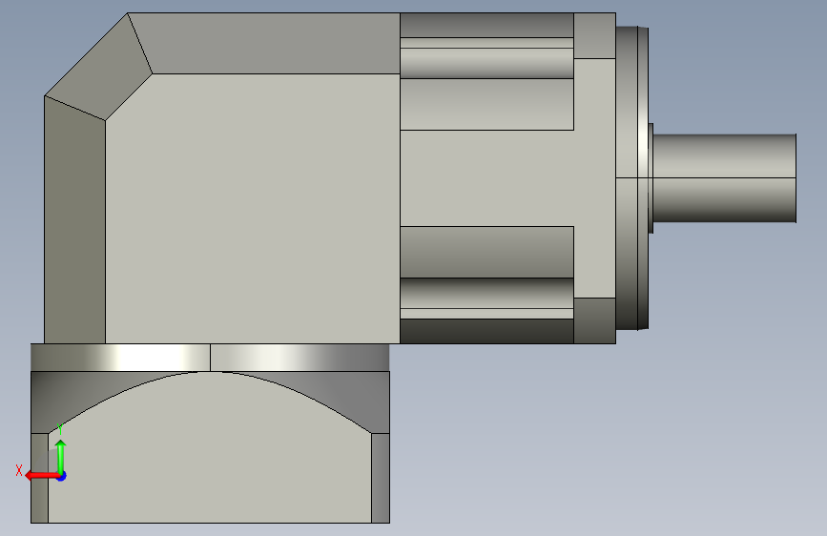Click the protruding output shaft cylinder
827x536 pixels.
point(725,178)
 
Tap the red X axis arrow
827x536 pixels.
point(41,475)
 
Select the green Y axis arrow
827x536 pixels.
point(61,457)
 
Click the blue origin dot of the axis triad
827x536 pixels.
point(62,476)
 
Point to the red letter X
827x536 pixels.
point(19,470)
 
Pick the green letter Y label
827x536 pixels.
point(60,429)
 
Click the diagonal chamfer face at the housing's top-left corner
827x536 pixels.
point(98,67)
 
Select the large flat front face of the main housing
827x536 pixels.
point(253,208)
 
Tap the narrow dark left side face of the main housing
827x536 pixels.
point(75,220)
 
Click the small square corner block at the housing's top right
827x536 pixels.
point(594,36)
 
